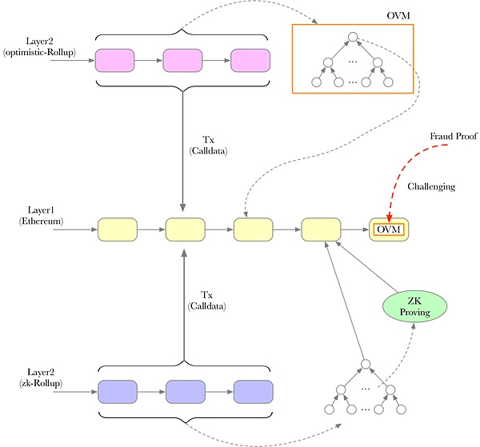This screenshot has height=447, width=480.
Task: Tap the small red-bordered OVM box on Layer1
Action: click(387, 230)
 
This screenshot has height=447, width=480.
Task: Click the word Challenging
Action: click(431, 186)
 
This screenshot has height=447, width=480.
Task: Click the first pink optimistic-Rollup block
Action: click(114, 61)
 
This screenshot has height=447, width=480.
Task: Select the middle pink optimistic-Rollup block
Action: click(183, 61)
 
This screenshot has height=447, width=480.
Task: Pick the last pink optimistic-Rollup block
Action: click(252, 61)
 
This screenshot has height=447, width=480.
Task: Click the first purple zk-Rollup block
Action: click(118, 392)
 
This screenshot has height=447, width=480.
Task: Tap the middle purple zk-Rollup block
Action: click(186, 392)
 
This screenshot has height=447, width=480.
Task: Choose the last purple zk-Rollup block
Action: click(254, 392)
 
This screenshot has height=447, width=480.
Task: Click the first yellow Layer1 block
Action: click(118, 230)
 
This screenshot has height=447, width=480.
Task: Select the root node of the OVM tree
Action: click(351, 37)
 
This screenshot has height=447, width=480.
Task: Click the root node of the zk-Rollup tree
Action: click(364, 365)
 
